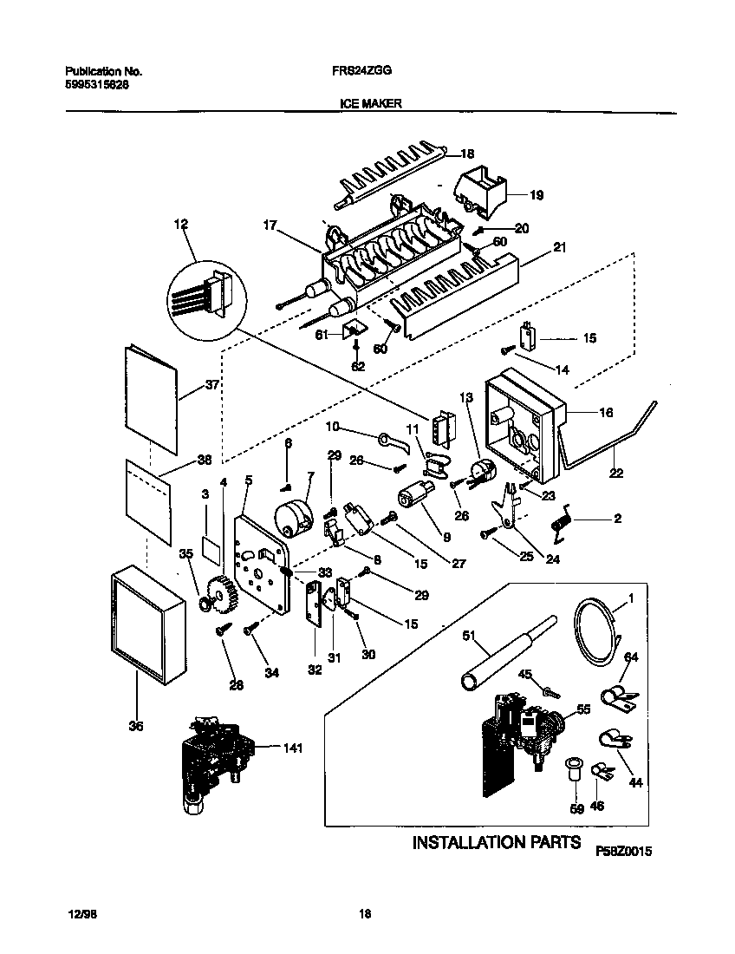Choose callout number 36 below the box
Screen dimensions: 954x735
[x=135, y=726]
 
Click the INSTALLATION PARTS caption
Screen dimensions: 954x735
[x=496, y=842]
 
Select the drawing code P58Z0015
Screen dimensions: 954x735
[x=623, y=853]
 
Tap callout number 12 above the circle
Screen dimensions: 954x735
[x=180, y=224]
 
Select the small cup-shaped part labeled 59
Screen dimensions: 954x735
[x=573, y=769]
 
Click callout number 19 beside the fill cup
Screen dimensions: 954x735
[x=536, y=196]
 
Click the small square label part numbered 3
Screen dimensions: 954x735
[x=210, y=548]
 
